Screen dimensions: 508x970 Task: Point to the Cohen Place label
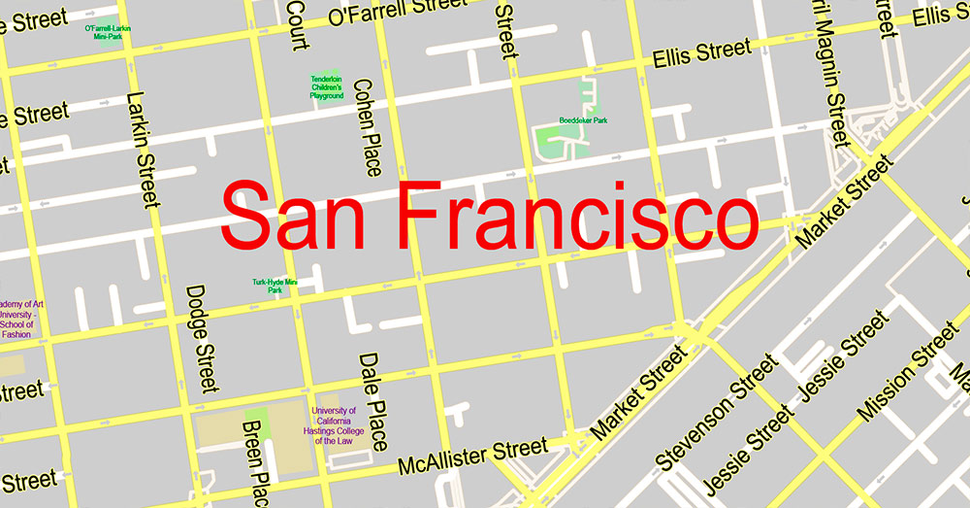368,127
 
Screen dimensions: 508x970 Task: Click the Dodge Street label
201,339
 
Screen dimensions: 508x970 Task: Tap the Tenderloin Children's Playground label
327,87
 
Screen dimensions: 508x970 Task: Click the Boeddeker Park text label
583,120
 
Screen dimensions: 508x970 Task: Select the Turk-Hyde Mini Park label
275,286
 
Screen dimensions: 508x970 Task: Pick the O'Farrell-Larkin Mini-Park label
107,32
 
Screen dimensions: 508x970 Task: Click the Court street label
297,25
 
